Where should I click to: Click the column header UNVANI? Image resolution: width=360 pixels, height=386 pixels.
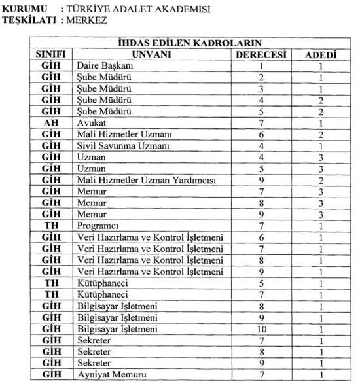[x=151, y=55]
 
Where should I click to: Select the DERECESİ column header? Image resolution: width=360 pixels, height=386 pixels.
[x=262, y=55]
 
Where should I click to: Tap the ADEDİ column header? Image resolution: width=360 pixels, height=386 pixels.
[x=320, y=55]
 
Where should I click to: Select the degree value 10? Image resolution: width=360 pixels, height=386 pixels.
[x=262, y=326]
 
